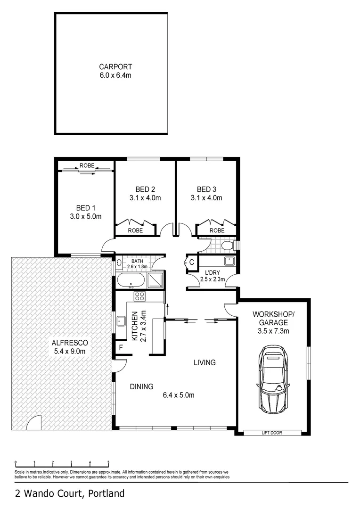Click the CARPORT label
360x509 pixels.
coord(112,66)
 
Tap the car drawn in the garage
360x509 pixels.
coord(274,379)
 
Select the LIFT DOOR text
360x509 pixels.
coord(272,433)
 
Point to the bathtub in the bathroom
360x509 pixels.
coord(131,280)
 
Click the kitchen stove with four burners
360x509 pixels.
coord(139,296)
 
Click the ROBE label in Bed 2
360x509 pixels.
coord(136,230)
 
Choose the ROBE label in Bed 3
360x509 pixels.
coord(217,230)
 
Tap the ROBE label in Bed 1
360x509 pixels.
coord(86,166)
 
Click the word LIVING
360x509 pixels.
coord(205,362)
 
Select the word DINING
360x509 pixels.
coord(141,386)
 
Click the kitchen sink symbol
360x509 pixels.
coord(120,321)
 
